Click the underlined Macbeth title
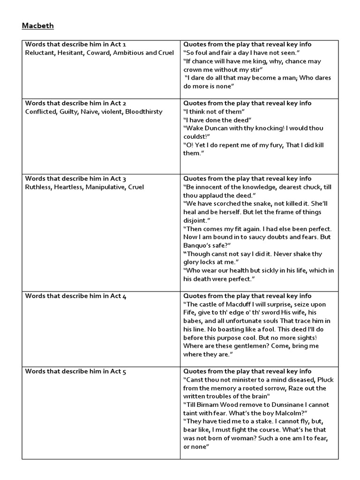(x=38, y=26)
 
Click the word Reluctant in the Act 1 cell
(x=39, y=53)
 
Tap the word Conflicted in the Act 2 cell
(x=40, y=112)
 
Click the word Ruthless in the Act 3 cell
(x=38, y=187)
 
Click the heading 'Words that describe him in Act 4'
(x=75, y=296)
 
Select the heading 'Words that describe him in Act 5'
(x=75, y=372)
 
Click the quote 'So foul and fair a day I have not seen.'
(x=241, y=53)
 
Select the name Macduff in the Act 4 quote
(x=239, y=305)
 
